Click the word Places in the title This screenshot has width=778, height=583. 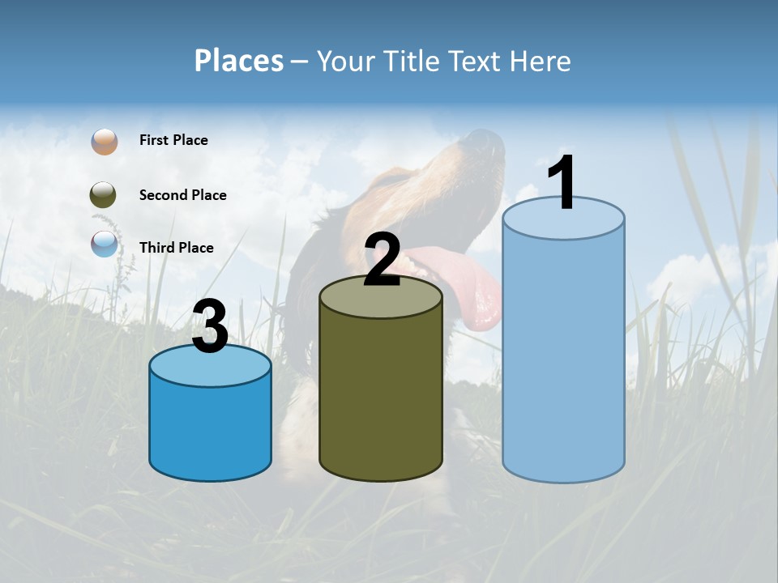click(x=238, y=61)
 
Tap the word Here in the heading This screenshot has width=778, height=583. click(x=541, y=61)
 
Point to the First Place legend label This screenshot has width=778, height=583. click(x=173, y=140)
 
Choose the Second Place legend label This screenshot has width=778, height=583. click(x=182, y=195)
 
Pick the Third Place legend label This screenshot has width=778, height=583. click(x=176, y=248)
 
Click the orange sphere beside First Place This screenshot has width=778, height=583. click(x=105, y=141)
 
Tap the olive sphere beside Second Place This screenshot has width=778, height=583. click(x=103, y=195)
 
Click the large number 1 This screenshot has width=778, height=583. click(x=562, y=184)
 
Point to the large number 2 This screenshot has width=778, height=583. click(x=382, y=261)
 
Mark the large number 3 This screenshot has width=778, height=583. click(x=210, y=327)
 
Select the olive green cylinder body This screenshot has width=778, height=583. click(x=381, y=397)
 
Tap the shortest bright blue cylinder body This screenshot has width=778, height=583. click(x=210, y=429)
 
